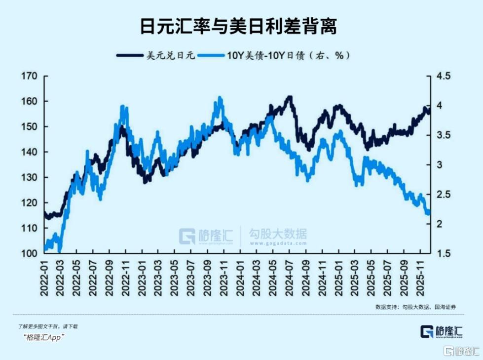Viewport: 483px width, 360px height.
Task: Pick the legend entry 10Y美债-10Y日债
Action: pyautogui.click(x=289, y=55)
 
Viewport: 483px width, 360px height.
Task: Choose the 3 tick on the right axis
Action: pyautogui.click(x=439, y=165)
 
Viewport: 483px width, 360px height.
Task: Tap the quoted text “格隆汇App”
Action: pyautogui.click(x=44, y=337)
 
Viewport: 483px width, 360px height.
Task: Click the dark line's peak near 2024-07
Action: pyautogui.click(x=290, y=97)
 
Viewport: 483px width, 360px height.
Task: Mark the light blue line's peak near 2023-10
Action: pyautogui.click(x=220, y=98)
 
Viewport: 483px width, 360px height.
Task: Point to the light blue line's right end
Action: pyautogui.click(x=428, y=212)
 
